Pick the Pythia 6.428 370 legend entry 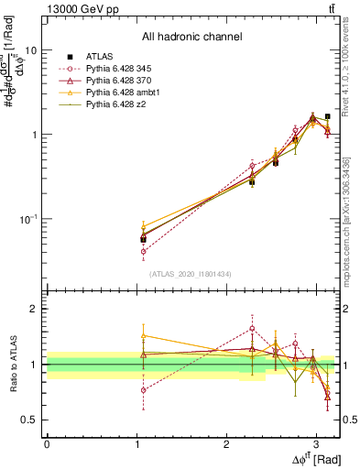124,82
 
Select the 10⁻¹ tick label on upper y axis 27,219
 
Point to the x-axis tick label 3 315,444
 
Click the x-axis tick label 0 47,444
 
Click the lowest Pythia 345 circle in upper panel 143,251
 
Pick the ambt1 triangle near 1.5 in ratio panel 143,335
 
